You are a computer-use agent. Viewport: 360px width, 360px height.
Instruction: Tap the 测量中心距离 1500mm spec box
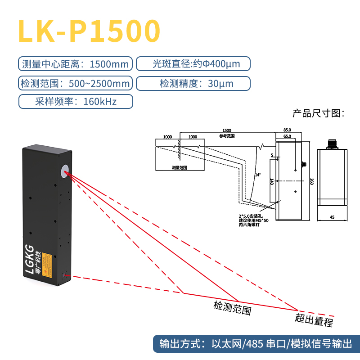coord(76,64)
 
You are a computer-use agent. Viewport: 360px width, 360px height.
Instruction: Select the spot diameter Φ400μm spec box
coord(193,64)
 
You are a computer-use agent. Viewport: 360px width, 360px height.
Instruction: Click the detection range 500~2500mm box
coord(76,83)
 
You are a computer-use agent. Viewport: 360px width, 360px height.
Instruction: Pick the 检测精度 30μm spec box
coord(193,83)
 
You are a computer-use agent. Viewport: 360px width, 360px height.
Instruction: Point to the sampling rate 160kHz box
coord(76,101)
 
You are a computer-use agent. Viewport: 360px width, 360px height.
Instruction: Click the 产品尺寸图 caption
coord(318,112)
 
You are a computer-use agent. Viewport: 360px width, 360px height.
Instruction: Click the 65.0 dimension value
coord(287,136)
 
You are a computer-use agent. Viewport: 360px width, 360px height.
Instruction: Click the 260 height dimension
coord(311,181)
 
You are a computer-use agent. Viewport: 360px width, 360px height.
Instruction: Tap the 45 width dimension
coord(332,217)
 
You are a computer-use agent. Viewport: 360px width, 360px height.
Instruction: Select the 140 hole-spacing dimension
coord(271,181)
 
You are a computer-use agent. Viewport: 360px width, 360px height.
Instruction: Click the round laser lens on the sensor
coord(65,170)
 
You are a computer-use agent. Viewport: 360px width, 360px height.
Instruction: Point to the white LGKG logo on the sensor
coord(30,260)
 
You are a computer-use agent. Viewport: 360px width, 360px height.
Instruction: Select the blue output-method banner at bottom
coord(256,345)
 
